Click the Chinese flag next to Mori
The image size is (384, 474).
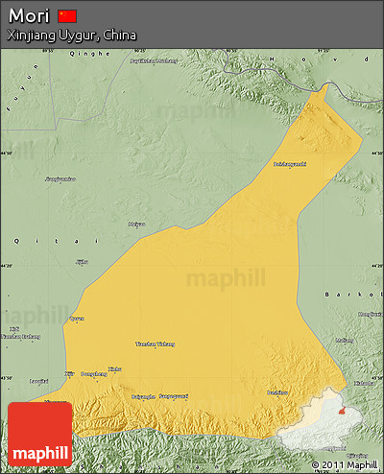tap(67, 15)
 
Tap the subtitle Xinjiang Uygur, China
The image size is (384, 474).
tap(72, 35)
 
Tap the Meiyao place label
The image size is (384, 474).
tap(136, 225)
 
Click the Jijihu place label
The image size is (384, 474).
tap(82, 261)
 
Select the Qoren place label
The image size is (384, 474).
tap(77, 319)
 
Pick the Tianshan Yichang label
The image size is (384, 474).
tap(156, 344)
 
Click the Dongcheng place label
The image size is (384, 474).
tap(93, 373)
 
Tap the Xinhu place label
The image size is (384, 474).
tap(114, 367)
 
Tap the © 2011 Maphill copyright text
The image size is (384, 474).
tap(339, 465)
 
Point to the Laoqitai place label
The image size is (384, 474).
tap(39, 381)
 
